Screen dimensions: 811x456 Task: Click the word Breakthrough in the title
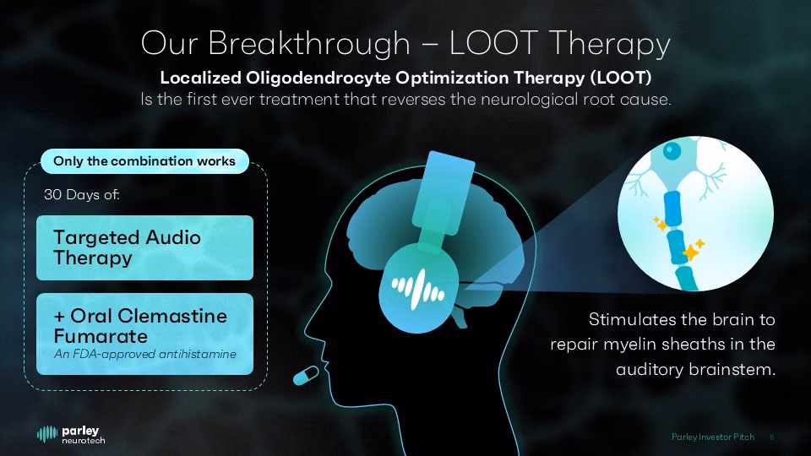point(309,42)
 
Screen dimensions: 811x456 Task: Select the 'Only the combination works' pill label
point(144,161)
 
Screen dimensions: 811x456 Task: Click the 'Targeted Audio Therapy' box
point(144,247)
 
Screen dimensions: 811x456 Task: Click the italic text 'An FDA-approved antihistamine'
point(144,354)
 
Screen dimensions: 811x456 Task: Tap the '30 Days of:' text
point(82,194)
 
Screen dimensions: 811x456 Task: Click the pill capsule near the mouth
point(306,375)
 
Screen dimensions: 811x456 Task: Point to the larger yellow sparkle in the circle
point(691,252)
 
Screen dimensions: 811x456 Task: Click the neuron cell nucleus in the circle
point(672,151)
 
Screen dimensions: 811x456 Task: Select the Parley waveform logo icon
point(47,434)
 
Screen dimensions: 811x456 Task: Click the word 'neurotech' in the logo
point(84,441)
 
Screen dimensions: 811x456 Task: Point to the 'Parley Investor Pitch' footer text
point(713,437)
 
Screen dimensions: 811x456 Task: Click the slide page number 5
point(771,437)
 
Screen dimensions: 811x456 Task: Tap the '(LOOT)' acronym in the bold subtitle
point(620,78)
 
